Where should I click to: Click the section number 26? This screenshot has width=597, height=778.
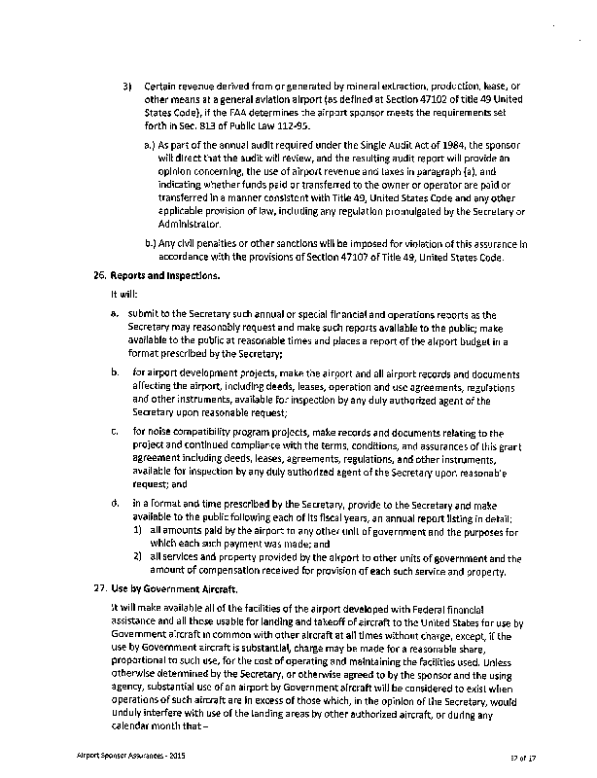point(95,275)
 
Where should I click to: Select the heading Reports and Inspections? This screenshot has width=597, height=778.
point(167,275)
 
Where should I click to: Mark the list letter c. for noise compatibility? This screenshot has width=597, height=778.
point(114,430)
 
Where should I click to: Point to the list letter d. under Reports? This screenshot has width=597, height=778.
point(115,504)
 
